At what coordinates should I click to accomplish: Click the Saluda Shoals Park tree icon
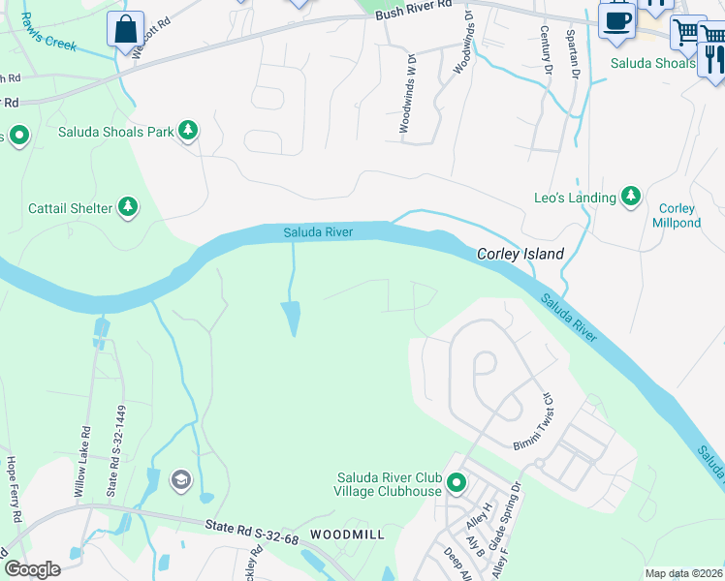[188, 131]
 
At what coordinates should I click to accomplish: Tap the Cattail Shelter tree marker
[127, 205]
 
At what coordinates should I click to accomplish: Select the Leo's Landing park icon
[631, 197]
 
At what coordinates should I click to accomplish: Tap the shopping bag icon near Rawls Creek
[126, 29]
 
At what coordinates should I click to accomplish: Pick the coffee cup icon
[616, 19]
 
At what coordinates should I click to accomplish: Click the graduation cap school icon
[180, 479]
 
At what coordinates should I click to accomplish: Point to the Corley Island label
[520, 254]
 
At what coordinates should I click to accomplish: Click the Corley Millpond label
[677, 215]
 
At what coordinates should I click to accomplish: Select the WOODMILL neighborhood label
[346, 535]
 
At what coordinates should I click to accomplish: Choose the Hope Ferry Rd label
[12, 483]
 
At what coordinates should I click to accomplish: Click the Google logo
[33, 568]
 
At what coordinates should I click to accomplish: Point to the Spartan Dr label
[573, 58]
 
